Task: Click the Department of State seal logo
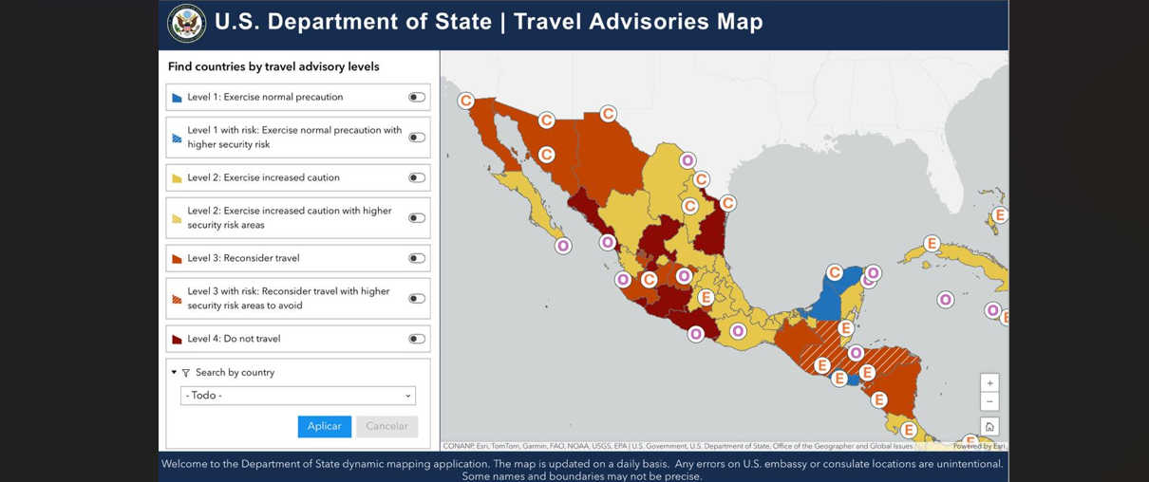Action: coord(186,24)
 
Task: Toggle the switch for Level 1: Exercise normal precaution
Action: coord(416,97)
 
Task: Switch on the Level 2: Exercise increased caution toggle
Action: coord(416,177)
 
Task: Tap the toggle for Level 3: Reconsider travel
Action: coord(416,258)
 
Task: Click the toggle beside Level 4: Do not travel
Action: coord(416,339)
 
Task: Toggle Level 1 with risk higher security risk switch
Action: coord(416,138)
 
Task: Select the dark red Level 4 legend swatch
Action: coord(177,339)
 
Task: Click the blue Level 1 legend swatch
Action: coord(177,98)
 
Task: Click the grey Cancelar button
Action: coord(386,426)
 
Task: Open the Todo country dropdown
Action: coord(298,396)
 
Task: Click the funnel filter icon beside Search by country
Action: coord(186,373)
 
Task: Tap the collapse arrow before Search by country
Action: coord(174,373)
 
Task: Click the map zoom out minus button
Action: coord(989,401)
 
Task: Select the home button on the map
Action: coord(989,427)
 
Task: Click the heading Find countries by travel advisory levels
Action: coord(273,66)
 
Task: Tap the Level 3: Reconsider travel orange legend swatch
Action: coord(177,258)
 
